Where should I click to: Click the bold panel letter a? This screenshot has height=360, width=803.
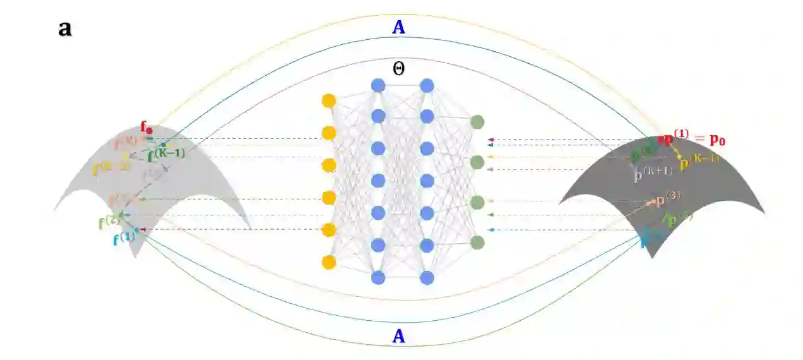click(64, 28)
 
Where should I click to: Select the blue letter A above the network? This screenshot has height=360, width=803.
click(398, 27)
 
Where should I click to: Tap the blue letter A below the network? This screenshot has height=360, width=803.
click(398, 337)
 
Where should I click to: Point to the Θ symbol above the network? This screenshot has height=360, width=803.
click(398, 69)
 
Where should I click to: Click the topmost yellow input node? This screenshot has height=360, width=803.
click(328, 101)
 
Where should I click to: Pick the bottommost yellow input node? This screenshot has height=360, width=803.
click(328, 262)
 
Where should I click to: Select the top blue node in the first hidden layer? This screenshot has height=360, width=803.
click(378, 85)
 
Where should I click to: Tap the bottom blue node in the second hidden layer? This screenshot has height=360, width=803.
click(427, 277)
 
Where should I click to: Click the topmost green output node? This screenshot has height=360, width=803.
click(477, 122)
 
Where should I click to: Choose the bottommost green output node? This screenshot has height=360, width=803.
click(477, 242)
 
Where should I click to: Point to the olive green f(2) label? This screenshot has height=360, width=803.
click(109, 222)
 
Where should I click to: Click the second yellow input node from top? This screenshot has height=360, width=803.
click(328, 133)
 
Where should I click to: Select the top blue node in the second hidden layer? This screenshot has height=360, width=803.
click(427, 85)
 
